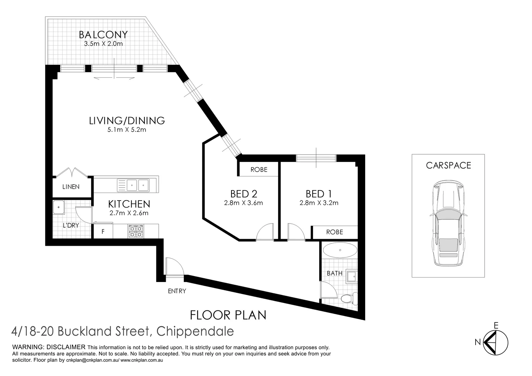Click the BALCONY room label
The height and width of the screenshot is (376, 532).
pos(103,35)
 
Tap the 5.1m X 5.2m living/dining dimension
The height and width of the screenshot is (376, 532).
pos(127,130)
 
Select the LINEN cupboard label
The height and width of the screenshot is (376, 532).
pos(71,187)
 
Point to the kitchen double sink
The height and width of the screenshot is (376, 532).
pos(133,185)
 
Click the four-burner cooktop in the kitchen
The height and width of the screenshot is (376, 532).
pos(136,231)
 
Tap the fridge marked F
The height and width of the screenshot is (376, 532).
pos(103,232)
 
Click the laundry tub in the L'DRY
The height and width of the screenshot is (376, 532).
pos(58,207)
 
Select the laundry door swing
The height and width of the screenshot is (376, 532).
pos(84,215)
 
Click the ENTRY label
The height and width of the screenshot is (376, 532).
pos(177,291)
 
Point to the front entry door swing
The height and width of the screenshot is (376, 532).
pos(175,267)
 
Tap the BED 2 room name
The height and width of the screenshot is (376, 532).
pos(244,194)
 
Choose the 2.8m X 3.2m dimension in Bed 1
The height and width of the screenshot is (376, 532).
pos(319,203)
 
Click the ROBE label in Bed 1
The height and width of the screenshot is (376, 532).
pos(335,232)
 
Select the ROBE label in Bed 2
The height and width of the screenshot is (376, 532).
pos(259,170)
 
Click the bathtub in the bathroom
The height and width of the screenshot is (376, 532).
pos(340,250)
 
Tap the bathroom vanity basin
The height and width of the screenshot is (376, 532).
pos(351,276)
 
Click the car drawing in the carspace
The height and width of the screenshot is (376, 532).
pos(448,223)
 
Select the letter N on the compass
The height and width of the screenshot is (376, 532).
pos(478,342)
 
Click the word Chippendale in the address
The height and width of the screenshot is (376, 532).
pos(195,331)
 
